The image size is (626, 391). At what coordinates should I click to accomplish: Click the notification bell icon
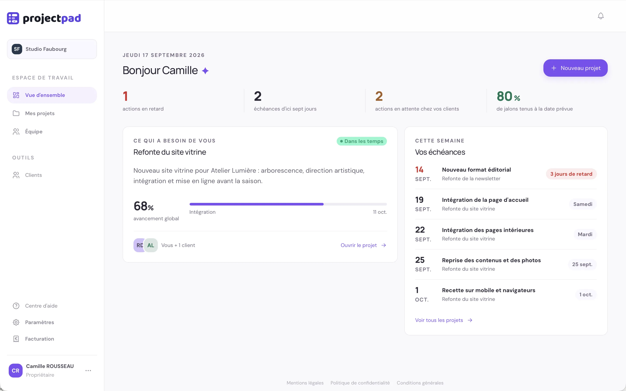click(x=601, y=16)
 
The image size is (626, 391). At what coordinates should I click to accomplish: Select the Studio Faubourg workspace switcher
click(x=52, y=49)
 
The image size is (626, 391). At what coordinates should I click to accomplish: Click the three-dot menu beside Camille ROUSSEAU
click(x=88, y=371)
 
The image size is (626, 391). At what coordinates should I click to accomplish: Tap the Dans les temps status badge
click(x=362, y=141)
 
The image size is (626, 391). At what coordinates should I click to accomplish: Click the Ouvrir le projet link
click(x=363, y=245)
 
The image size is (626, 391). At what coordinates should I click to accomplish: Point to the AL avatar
click(x=151, y=245)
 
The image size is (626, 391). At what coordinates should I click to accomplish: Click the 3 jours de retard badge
click(x=571, y=174)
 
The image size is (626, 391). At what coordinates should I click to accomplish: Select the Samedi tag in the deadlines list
click(x=583, y=204)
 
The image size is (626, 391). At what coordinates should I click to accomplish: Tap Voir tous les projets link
click(x=444, y=320)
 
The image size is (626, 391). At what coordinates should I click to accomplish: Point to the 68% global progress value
click(x=143, y=206)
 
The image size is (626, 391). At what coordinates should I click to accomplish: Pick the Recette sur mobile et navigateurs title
click(x=488, y=290)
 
